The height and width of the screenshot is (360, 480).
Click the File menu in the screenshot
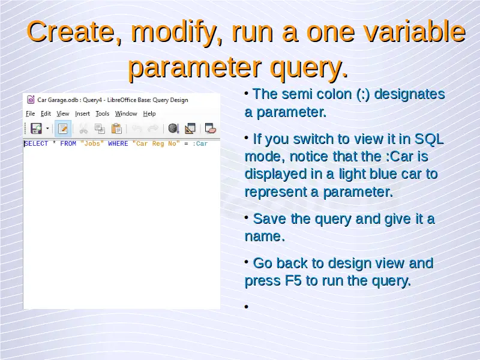coord(31,113)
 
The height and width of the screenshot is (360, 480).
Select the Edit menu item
coord(46,113)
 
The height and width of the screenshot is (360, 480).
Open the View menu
coord(63,113)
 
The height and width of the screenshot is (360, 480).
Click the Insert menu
coord(82,113)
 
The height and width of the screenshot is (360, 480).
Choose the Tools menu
coord(102,113)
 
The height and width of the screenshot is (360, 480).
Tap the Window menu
coord(126,113)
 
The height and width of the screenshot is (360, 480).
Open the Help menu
coord(149,113)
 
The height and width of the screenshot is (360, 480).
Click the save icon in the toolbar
coord(36,128)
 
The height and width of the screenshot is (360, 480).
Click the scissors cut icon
coord(83,129)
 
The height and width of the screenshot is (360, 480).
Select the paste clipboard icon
coord(116,128)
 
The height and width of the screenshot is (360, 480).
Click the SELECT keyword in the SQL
coord(36,143)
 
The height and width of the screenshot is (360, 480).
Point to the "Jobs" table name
coord(92,143)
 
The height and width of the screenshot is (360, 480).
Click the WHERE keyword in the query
coord(118,143)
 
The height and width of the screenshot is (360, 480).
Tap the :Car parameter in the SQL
coord(200,143)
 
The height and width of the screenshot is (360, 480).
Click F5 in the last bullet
coord(293,281)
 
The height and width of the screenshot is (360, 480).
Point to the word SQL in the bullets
coord(429,139)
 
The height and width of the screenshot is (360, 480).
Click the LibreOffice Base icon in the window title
coord(31,100)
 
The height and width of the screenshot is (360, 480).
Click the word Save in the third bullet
coord(269,219)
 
